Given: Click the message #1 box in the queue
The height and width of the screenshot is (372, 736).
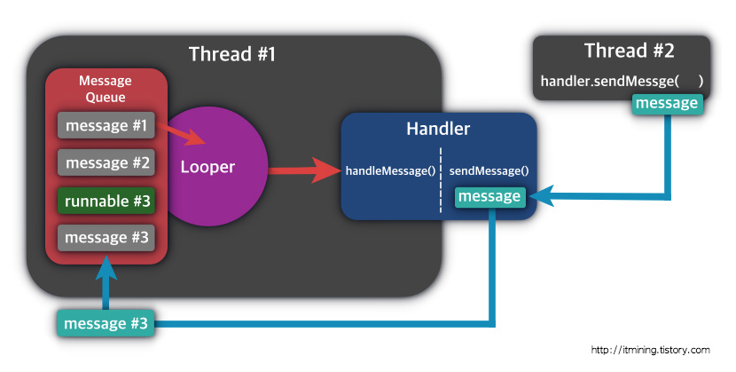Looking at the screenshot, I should click(106, 126).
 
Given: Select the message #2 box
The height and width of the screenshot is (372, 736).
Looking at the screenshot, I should click(106, 163).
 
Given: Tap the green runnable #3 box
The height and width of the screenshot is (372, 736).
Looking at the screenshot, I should click(106, 201).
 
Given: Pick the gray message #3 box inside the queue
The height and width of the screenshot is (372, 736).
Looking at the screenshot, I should click(106, 238).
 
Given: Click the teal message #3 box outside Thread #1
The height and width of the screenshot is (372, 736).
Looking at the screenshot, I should click(106, 324).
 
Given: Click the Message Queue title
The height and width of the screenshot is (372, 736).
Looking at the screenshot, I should click(106, 89).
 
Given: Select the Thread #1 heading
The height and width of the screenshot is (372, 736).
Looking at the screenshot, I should click(232, 54).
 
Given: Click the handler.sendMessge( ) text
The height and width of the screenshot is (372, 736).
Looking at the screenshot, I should click(621, 82).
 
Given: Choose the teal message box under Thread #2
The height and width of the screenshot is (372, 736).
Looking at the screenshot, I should click(667, 105).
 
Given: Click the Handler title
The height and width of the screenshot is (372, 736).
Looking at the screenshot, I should click(438, 129).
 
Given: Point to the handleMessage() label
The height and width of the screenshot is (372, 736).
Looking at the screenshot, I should click(390, 170).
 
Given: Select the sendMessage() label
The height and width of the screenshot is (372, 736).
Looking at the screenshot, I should click(489, 170).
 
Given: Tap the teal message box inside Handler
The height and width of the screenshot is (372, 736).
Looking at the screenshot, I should click(489, 197).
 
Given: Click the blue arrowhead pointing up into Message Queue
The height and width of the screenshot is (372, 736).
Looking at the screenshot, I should click(106, 266).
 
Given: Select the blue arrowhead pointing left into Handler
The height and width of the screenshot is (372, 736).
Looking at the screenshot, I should click(548, 197).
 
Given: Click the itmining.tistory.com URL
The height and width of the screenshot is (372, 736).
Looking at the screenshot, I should click(650, 349).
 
